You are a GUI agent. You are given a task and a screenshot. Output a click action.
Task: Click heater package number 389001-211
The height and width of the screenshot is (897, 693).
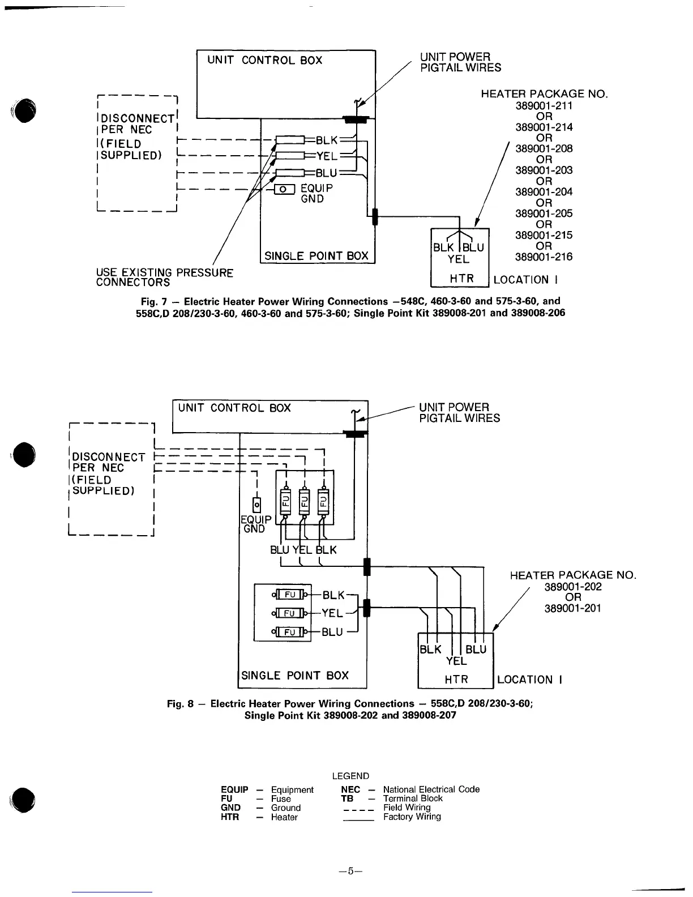coord(544,106)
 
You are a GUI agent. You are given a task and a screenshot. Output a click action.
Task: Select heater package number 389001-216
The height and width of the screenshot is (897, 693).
coord(544,257)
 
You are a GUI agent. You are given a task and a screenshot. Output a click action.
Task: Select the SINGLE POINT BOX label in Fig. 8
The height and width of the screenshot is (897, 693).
coord(295,676)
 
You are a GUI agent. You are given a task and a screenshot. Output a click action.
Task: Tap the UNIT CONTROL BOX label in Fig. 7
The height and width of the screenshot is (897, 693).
coord(264,61)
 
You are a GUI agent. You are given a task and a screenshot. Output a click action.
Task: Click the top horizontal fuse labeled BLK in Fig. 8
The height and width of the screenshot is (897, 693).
coord(289,595)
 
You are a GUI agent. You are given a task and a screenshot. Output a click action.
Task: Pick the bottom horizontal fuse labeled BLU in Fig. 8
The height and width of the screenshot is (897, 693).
coord(289,631)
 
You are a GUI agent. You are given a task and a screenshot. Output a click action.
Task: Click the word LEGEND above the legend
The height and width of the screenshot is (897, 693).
coord(350,776)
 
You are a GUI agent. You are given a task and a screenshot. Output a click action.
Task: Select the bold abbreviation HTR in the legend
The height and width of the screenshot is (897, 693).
coord(230,817)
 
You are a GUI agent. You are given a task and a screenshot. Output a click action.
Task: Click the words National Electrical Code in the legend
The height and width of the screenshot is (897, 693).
coord(431,789)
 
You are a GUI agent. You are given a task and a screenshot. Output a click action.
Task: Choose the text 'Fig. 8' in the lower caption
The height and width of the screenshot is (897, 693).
coord(180,704)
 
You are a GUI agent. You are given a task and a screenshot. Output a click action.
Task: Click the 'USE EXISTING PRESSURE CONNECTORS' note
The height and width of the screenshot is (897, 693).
coord(164,277)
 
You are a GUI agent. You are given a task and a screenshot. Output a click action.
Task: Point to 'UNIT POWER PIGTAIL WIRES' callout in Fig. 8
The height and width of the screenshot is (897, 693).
coord(459,413)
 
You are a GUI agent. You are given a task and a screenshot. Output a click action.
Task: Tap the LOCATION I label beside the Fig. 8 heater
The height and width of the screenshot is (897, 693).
coord(529,680)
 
